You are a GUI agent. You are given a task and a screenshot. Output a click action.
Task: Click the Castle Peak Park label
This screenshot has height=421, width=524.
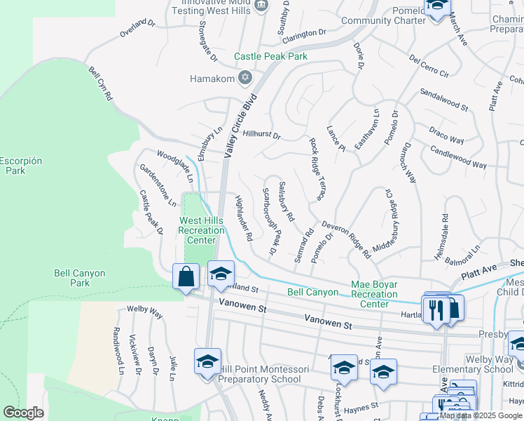coord(270,56)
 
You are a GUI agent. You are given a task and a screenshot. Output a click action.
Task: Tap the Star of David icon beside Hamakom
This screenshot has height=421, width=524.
coord(244,78)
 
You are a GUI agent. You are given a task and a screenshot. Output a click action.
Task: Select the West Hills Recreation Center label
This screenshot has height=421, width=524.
coord(200,230)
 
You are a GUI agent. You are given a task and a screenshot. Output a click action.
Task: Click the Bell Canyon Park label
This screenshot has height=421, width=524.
coord(79,278)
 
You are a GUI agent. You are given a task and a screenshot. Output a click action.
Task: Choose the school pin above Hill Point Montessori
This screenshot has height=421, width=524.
coord(221,274)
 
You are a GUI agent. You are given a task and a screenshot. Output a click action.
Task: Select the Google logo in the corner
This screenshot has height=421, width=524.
coord(23,412)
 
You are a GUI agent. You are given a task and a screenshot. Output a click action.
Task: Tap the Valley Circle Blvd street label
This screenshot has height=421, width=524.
coord(237,127)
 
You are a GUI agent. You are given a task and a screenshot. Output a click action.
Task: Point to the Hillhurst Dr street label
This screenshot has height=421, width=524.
coord(261,135)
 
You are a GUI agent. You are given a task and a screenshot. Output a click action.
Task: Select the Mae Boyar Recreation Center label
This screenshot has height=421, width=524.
coord(374,294)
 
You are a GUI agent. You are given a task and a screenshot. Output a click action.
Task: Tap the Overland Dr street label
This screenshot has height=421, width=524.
coord(137,28)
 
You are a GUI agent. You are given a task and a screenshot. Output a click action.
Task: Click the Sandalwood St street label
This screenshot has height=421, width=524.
coord(443,100)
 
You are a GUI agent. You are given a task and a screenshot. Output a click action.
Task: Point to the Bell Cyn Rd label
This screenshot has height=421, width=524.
coord(100,83)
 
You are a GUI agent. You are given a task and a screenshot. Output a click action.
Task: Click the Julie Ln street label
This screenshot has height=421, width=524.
coord(172,368)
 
